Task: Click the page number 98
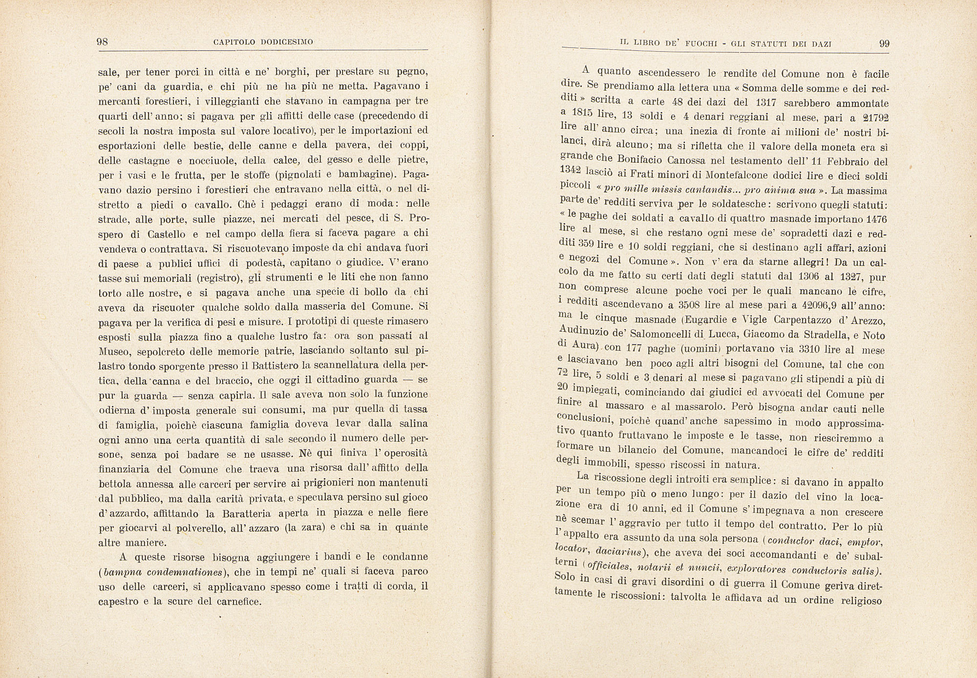tap(103, 42)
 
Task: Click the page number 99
tap(884, 43)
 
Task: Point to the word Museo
tap(114, 351)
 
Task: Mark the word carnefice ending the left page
tap(237, 601)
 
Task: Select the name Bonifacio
tap(639, 160)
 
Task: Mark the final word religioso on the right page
tap(862, 600)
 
